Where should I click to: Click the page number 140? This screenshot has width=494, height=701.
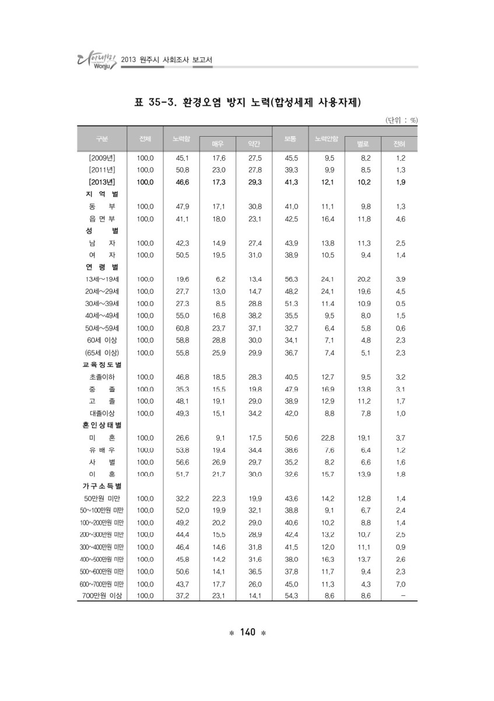247,632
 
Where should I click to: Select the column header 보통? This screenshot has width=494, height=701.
290,138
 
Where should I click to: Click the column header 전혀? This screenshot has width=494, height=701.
400,144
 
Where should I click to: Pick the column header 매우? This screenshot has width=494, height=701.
217,144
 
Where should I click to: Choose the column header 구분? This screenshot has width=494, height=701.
101,138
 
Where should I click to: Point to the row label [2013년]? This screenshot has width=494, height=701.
101,182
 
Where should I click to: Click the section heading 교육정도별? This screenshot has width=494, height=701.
101,365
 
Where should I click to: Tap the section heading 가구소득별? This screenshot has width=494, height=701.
101,486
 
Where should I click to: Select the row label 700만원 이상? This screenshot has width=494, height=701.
101,595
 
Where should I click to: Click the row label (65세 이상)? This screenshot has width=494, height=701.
101,353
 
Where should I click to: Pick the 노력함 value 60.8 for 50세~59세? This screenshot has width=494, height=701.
182,328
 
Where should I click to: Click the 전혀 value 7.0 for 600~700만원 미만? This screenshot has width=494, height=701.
400,584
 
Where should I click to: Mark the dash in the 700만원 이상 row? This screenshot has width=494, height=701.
401,596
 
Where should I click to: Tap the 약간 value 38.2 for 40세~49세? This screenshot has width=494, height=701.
254,316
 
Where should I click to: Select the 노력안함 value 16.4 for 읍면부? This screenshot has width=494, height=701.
329,219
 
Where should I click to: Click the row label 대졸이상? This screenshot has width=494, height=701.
101,414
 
